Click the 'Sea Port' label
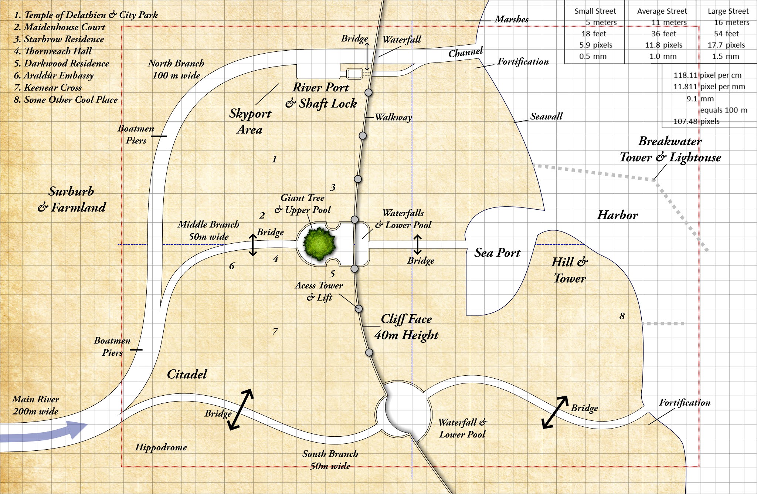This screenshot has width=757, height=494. click(x=497, y=253)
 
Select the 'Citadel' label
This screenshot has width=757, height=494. click(x=187, y=374)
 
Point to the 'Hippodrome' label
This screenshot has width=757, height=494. click(x=161, y=447)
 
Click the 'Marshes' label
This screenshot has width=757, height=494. click(x=512, y=19)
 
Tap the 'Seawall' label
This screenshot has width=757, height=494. click(x=546, y=116)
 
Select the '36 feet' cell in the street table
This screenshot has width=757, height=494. click(x=663, y=34)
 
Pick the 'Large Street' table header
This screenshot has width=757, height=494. click(x=728, y=11)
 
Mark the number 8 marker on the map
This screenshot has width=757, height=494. click(x=622, y=316)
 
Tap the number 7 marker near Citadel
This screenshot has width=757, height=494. click(x=275, y=331)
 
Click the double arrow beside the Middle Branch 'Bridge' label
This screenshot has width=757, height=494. click(x=252, y=245)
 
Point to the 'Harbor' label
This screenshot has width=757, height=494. click(x=618, y=215)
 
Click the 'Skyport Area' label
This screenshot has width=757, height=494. click(x=250, y=121)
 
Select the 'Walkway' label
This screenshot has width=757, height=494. click(x=393, y=118)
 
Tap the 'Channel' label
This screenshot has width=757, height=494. click(x=465, y=53)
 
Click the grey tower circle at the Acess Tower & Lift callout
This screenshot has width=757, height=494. click(x=358, y=309)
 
